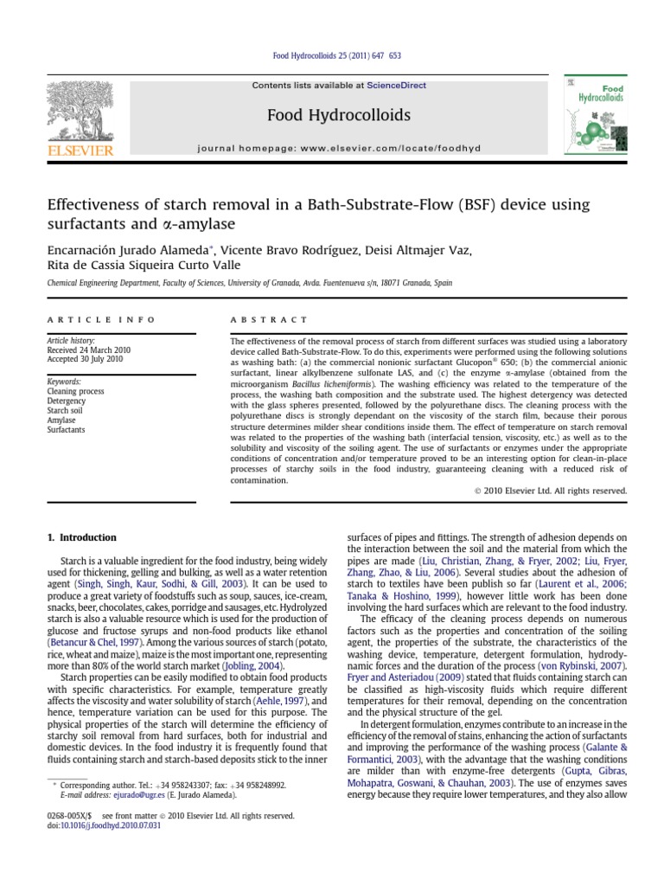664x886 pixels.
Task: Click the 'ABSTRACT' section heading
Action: click(x=268, y=319)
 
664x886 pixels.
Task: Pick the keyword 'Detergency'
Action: click(x=67, y=401)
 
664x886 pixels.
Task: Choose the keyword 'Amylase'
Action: click(x=62, y=420)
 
